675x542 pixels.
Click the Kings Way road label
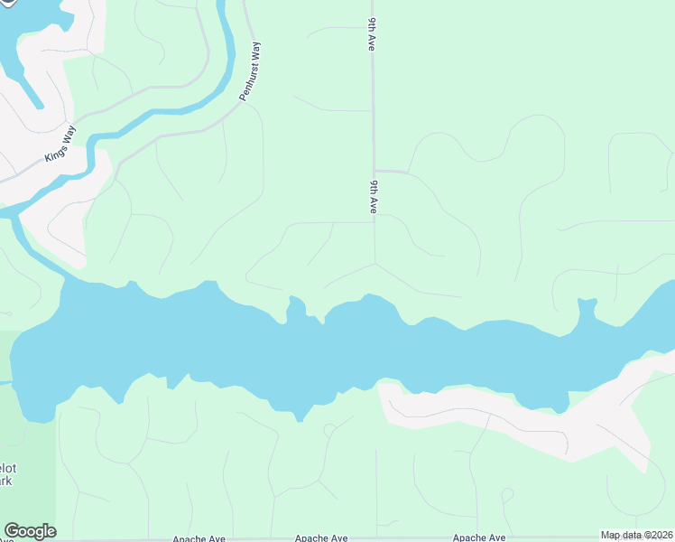pos(60,145)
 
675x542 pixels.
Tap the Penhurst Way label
pos(254,70)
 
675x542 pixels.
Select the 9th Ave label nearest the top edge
pos(371,33)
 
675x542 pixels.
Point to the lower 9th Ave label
pos(373,196)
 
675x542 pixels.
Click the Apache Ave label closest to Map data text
pos(479,537)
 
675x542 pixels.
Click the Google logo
pos(30,531)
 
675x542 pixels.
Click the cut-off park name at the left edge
pos(7,474)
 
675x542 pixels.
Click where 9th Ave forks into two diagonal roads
pos(374,264)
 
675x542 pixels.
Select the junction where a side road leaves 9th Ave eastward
pos(374,170)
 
